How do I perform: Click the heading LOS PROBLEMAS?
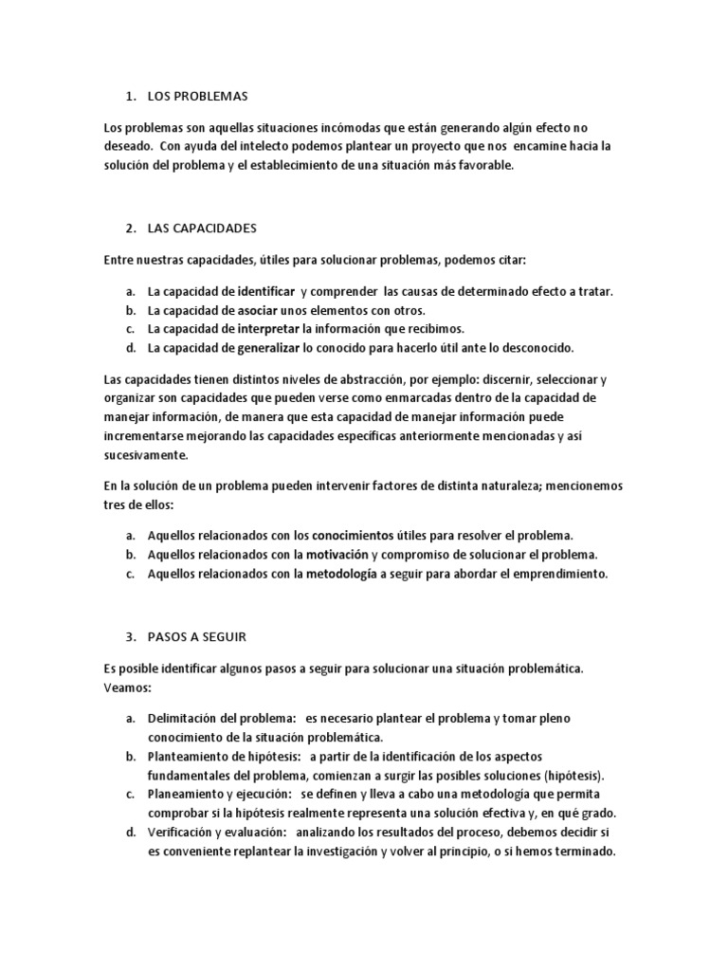click(x=197, y=97)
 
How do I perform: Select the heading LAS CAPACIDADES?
click(x=202, y=229)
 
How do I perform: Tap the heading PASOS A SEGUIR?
click(x=197, y=635)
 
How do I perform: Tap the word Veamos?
click(x=127, y=687)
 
